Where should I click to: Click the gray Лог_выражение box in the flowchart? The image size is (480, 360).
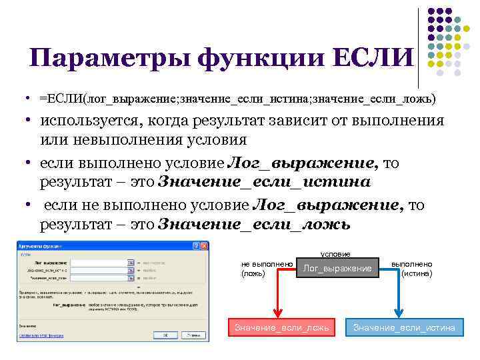(x=337, y=268)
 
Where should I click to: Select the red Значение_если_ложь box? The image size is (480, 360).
(x=280, y=327)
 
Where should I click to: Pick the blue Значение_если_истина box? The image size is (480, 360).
(x=404, y=327)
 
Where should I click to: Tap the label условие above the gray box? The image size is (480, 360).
(x=336, y=253)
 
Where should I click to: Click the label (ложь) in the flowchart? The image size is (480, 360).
(x=253, y=273)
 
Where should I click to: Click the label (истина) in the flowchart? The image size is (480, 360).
(x=417, y=273)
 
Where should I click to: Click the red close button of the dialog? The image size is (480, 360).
(x=204, y=246)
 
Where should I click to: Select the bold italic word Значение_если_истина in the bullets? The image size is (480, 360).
(x=264, y=182)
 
